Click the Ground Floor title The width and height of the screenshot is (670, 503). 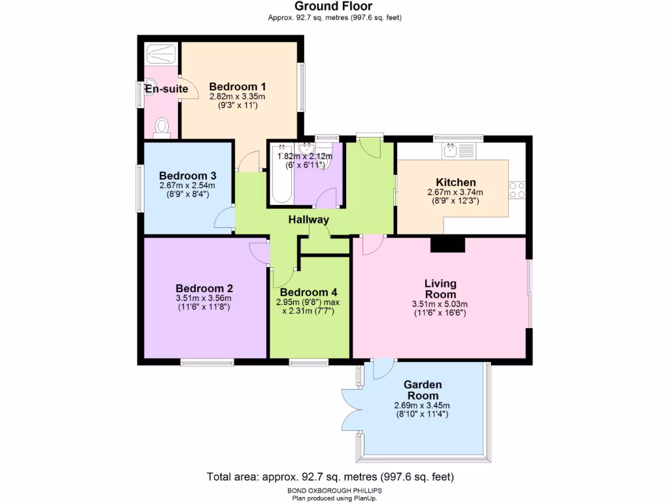(334, 7)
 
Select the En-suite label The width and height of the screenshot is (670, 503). (167, 89)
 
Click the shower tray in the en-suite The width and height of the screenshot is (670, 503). (161, 53)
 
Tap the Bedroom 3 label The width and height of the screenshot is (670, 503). (188, 176)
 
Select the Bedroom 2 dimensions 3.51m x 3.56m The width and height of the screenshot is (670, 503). (203, 299)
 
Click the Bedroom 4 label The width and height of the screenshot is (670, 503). (308, 292)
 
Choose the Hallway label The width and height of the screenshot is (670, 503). (308, 220)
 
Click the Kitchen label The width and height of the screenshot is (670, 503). (456, 182)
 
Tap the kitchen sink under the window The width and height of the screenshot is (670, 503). (451, 151)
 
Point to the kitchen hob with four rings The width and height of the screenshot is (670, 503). (517, 189)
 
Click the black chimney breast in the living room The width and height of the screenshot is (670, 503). (448, 244)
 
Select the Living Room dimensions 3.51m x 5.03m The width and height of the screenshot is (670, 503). (440, 304)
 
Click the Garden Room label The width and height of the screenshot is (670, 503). (422, 390)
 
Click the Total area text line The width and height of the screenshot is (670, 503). (330, 476)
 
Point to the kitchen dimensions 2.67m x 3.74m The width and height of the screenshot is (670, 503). (455, 193)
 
